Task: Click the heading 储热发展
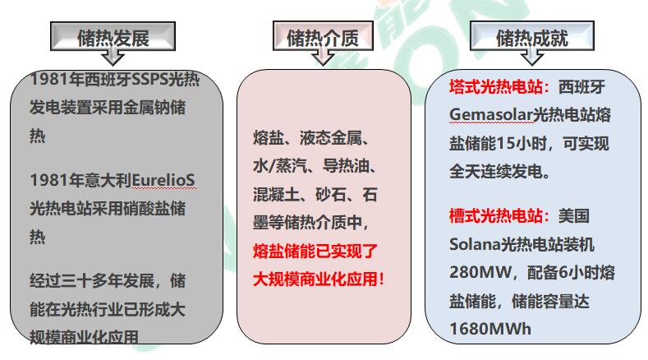click(x=113, y=39)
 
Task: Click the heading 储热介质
click(x=323, y=38)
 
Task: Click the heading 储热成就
click(x=532, y=38)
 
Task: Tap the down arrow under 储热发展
click(x=113, y=56)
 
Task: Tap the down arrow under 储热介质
click(x=323, y=56)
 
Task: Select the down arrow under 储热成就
click(x=532, y=56)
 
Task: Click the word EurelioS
click(x=163, y=181)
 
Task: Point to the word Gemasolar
click(x=490, y=115)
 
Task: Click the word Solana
click(x=475, y=245)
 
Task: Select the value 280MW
click(x=480, y=273)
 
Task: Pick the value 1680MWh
click(x=490, y=329)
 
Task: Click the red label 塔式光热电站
click(x=496, y=87)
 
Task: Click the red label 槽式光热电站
click(x=496, y=216)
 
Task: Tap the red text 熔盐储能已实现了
click(x=315, y=252)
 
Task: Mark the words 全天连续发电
click(x=495, y=172)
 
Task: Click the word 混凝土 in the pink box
click(x=276, y=195)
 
